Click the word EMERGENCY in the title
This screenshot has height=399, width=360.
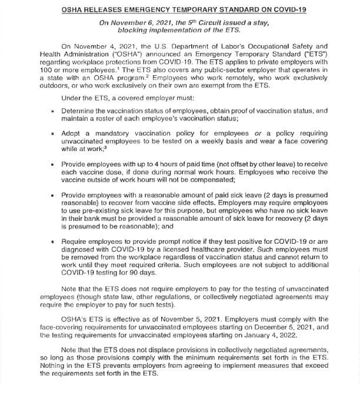coord(153,10)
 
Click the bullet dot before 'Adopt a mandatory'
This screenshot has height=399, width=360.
coord(53,134)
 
